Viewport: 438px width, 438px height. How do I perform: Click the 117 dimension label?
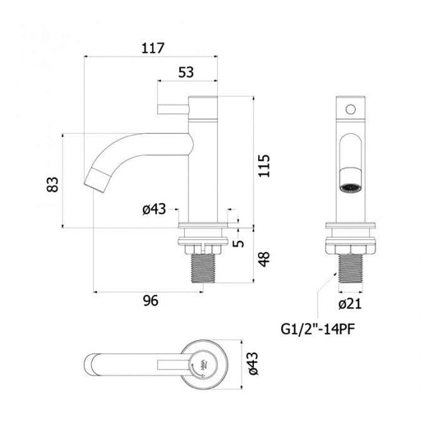click(x=153, y=48)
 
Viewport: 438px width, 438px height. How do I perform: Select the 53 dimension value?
click(x=186, y=72)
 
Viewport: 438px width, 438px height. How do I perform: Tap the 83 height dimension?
click(x=53, y=184)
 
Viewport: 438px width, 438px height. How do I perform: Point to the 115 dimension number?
click(x=264, y=166)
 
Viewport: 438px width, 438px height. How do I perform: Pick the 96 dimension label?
click(x=150, y=301)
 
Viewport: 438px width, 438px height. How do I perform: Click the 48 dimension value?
click(x=264, y=259)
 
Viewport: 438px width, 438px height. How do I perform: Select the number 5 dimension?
click(x=238, y=243)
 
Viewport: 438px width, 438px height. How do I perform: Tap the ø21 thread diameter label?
click(x=350, y=303)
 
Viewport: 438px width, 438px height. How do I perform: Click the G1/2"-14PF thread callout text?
click(x=317, y=329)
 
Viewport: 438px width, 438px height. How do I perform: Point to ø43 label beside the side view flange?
click(x=154, y=209)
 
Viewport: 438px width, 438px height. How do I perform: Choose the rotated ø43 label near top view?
click(x=253, y=363)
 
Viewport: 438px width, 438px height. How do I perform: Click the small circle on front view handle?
click(x=351, y=109)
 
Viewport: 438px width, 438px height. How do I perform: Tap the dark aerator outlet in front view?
click(x=351, y=187)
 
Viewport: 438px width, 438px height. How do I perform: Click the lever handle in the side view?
click(x=173, y=109)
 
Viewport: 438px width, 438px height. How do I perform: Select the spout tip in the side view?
click(x=95, y=180)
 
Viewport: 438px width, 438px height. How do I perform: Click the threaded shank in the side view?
click(x=203, y=269)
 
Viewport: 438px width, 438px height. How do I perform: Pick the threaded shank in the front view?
click(x=351, y=269)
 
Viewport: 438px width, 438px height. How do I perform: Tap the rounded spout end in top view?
click(x=89, y=365)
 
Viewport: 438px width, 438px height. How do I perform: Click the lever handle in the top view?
click(x=173, y=365)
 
